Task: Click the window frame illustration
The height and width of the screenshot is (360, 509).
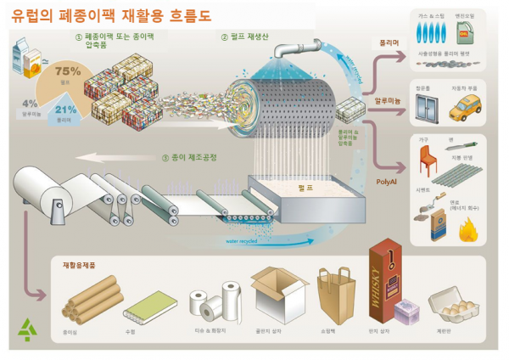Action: point(423,109)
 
